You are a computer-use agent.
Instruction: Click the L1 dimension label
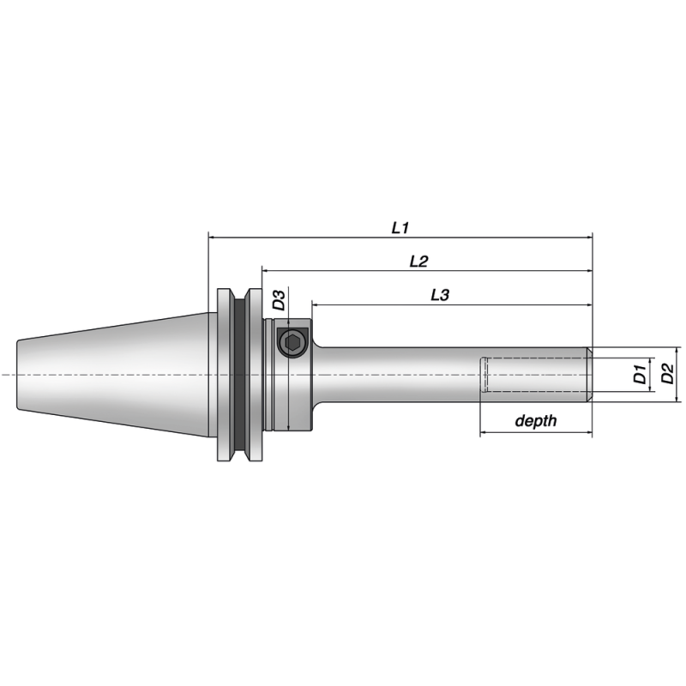pyautogui.click(x=400, y=227)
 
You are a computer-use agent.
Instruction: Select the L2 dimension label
pyautogui.click(x=418, y=262)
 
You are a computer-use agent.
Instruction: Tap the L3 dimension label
pyautogui.click(x=439, y=295)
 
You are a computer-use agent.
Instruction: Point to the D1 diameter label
pyautogui.click(x=639, y=374)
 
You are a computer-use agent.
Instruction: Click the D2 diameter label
pyautogui.click(x=668, y=374)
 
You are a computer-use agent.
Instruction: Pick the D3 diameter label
pyautogui.click(x=279, y=301)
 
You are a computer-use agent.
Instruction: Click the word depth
pyautogui.click(x=535, y=421)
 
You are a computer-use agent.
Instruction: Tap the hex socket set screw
pyautogui.click(x=292, y=343)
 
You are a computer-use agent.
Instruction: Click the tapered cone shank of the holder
pyautogui.click(x=111, y=375)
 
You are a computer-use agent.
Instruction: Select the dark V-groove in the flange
pyautogui.click(x=241, y=375)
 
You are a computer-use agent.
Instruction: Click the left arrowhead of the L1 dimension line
pyautogui.click(x=212, y=237)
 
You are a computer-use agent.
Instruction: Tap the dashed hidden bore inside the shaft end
pyautogui.click(x=532, y=375)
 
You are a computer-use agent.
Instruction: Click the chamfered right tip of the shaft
pyautogui.click(x=589, y=375)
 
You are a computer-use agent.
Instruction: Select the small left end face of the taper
pyautogui.click(x=17, y=375)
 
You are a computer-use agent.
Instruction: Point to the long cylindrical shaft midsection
pyautogui.click(x=403, y=375)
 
